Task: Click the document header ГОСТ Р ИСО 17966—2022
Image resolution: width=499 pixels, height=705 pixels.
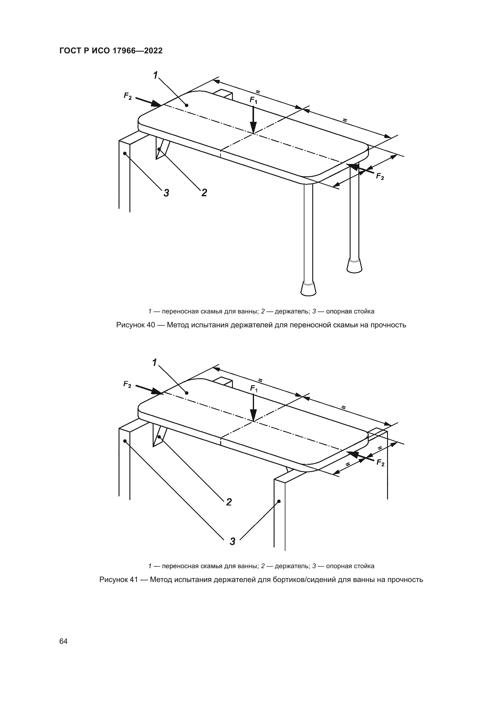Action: pos(111,51)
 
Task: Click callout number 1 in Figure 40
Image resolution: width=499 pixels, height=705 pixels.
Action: pos(156,75)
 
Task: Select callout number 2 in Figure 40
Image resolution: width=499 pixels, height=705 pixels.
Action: pos(204,193)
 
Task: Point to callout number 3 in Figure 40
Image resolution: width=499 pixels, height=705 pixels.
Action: pos(166,193)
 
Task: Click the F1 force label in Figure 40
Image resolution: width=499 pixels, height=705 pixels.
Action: pos(253,100)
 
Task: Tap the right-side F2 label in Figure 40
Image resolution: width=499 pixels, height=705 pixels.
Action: pos(380,177)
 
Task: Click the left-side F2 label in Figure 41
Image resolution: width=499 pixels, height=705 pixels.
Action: pos(127,384)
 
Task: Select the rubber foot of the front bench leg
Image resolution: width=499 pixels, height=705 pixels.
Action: pos(308,288)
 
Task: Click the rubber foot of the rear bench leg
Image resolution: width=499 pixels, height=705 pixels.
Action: pos(354,265)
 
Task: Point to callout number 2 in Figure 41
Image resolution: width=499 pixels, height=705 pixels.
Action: pos(229,502)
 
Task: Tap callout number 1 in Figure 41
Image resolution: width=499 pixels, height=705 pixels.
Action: pos(155,363)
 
